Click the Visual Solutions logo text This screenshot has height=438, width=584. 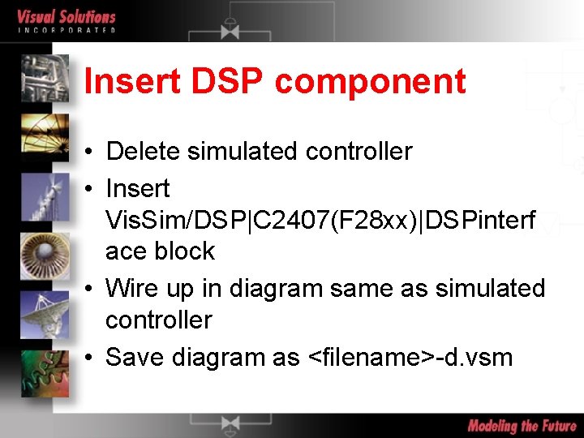[67, 17]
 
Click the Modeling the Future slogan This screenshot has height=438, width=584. [522, 425]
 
